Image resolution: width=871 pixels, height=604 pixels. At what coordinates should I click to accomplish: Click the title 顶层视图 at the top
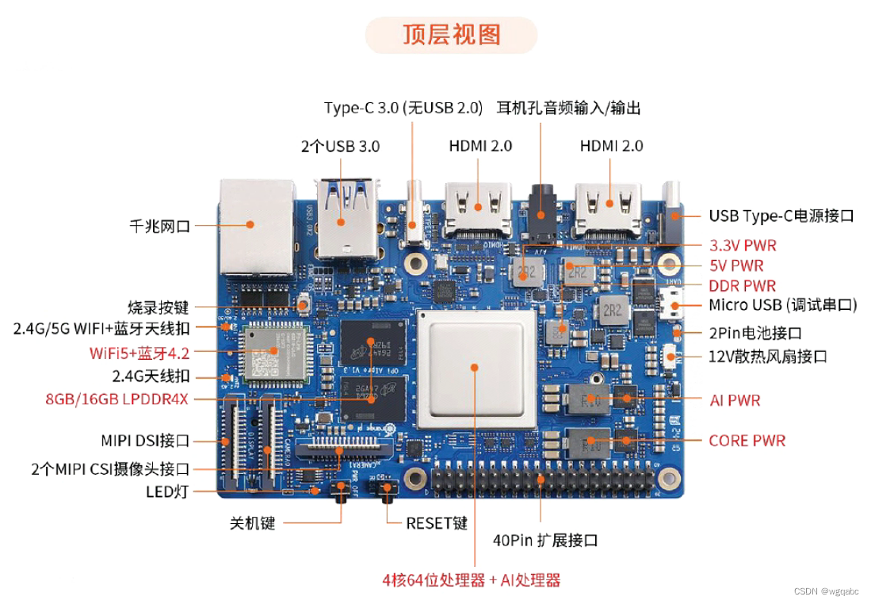pos(451,36)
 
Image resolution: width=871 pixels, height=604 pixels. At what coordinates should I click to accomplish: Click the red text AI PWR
pos(735,400)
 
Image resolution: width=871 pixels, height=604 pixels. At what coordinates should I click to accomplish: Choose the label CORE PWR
pos(747,441)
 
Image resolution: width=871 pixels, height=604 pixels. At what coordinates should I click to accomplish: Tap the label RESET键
pos(437,523)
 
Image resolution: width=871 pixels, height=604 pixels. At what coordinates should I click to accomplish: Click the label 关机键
pos(252,523)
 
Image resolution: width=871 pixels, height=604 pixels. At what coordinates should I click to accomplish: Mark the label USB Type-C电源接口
pos(781,216)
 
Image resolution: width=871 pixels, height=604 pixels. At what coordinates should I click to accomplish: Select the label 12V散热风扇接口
pos(767,356)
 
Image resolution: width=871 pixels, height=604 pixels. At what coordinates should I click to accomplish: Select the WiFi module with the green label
pos(274,352)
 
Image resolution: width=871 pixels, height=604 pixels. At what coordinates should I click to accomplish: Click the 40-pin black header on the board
pos(543,480)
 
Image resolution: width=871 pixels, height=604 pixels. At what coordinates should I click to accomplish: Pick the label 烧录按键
pos(159,307)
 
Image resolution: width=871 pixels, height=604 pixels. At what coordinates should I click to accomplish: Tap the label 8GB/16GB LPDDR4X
pos(117,399)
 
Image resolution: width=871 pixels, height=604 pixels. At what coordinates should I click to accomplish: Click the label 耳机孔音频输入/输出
pos(568,108)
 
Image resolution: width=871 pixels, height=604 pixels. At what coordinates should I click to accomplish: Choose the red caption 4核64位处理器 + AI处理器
pos(472,580)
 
